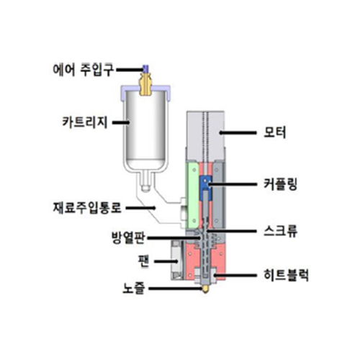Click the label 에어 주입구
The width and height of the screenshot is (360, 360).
point(83,70)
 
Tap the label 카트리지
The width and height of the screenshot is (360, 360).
point(85,122)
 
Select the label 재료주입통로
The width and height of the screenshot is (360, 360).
point(87,207)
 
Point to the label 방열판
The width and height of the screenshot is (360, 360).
point(128,238)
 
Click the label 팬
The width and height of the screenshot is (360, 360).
point(144,261)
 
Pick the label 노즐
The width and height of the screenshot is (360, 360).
point(134,288)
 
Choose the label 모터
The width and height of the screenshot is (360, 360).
point(275,132)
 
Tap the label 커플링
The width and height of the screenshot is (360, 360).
point(280,184)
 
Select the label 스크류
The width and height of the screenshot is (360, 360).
point(280,231)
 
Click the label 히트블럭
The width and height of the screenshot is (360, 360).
point(286,275)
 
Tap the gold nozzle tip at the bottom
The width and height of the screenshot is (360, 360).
point(205,289)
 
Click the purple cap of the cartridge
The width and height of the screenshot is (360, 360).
point(145,92)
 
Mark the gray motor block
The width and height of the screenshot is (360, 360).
point(205,135)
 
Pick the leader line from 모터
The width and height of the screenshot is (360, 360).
point(238,132)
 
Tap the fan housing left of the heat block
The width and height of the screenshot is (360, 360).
point(177,260)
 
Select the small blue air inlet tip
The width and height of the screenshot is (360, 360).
point(145,69)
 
